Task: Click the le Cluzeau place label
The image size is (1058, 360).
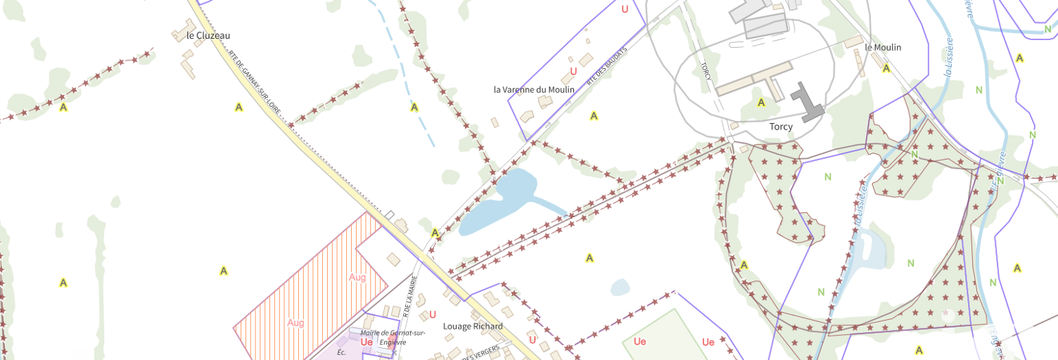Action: [x=208, y=35]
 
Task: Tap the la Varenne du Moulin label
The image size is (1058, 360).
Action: [x=534, y=89]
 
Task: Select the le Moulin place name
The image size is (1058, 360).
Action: [x=883, y=47]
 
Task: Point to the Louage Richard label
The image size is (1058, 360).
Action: [x=473, y=326]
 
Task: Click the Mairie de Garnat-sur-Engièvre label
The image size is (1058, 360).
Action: [x=383, y=337]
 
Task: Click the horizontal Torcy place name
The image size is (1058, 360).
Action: [x=781, y=127]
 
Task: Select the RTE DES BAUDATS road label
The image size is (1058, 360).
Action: [x=606, y=67]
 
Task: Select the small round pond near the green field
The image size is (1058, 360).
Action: [x=620, y=287]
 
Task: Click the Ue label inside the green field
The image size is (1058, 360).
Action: [x=639, y=342]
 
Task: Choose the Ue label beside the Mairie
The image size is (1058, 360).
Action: [x=367, y=342]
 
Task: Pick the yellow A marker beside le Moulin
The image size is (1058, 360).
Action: [x=886, y=68]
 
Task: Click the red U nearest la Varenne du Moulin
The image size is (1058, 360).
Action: [x=573, y=71]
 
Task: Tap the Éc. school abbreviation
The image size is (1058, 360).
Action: [x=342, y=352]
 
